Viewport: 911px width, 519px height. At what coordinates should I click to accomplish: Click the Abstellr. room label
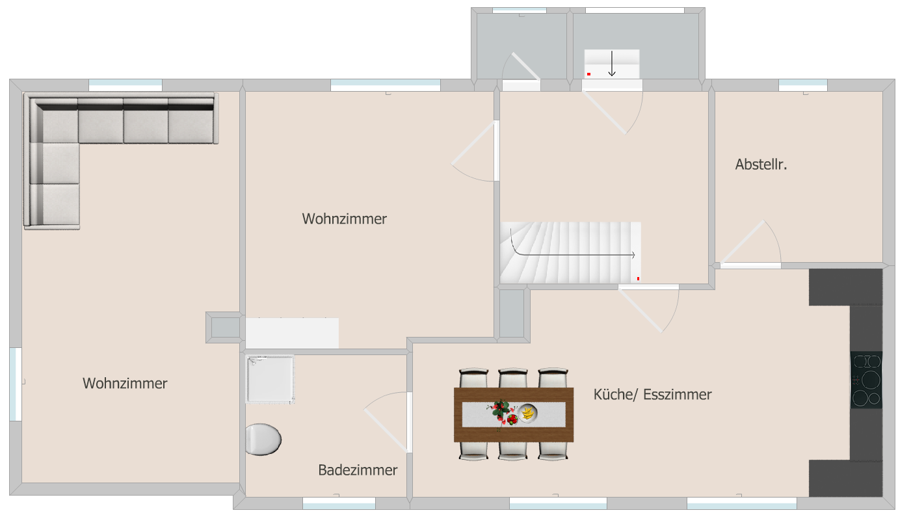pos(761,165)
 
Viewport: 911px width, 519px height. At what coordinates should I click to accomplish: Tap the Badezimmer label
pos(358,470)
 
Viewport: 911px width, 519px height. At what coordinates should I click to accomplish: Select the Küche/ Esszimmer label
pos(652,395)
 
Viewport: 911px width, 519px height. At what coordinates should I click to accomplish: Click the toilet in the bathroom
pos(263,439)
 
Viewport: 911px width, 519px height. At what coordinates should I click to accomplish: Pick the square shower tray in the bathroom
pos(270,379)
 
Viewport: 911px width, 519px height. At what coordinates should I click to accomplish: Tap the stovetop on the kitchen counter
pos(866,380)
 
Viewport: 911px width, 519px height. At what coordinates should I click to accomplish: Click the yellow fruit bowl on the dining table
pos(527,413)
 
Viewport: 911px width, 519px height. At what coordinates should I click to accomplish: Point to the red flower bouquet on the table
pos(501,412)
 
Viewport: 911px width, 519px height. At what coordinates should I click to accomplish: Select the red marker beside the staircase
pos(638,278)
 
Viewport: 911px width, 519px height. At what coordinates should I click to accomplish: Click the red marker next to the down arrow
pos(588,74)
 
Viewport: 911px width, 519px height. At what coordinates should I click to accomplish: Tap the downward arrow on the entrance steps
pos(612,64)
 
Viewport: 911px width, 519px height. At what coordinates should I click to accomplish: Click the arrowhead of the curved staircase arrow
pos(633,255)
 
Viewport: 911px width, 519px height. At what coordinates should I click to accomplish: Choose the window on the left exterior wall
pos(16,384)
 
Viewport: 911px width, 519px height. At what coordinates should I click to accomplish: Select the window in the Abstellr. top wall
pos(803,85)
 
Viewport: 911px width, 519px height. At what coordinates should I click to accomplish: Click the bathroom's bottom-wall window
pos(339,503)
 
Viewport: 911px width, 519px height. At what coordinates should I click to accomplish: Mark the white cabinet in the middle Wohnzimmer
pos(292,333)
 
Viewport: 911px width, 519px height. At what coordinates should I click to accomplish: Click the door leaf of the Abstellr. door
pos(743,243)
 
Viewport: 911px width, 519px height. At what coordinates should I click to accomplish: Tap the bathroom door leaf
pos(386,431)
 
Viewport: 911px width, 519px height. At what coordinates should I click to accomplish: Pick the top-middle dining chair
pos(513,379)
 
